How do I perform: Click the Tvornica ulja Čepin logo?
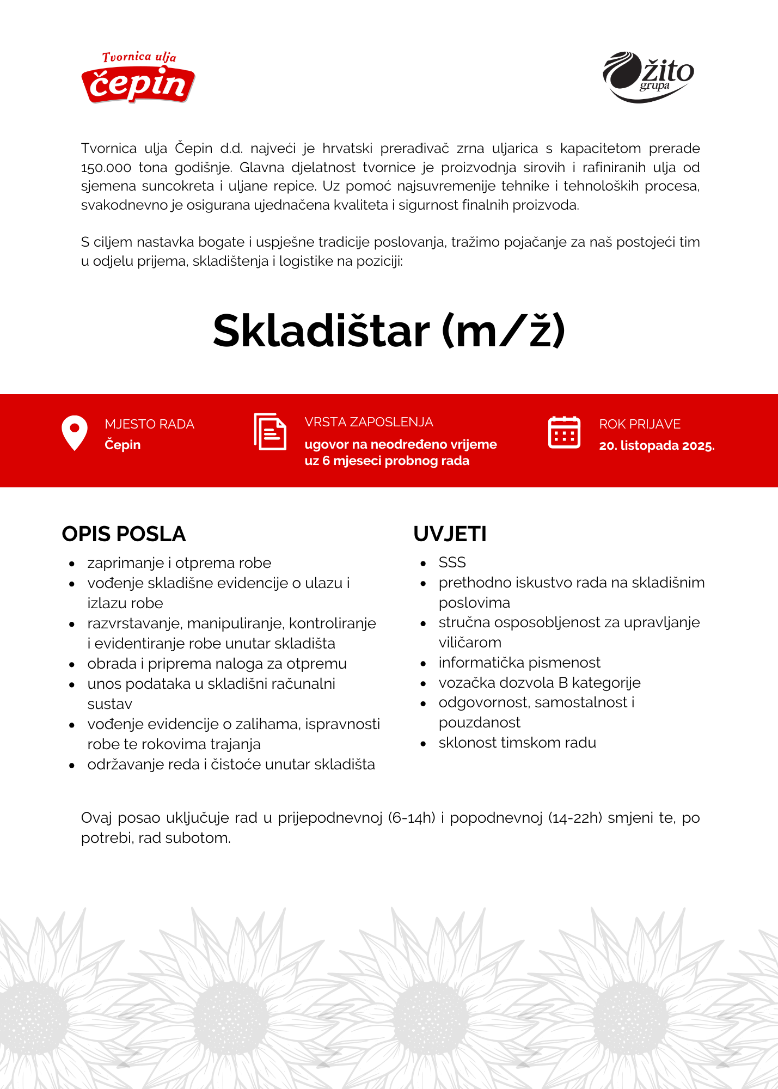click(138, 78)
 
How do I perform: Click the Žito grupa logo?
click(648, 77)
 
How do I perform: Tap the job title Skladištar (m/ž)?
click(389, 331)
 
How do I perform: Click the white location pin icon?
click(75, 433)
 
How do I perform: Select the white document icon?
click(270, 432)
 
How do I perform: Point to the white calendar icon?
click(564, 433)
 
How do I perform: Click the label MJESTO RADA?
click(149, 424)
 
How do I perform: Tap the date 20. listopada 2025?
click(657, 445)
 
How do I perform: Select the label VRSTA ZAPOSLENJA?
click(369, 422)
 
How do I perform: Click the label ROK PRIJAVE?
click(640, 424)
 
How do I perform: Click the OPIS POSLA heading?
click(124, 534)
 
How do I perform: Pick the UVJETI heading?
click(450, 534)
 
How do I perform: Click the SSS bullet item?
click(452, 562)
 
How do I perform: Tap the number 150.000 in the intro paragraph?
click(106, 167)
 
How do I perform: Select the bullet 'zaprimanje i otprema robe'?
click(179, 563)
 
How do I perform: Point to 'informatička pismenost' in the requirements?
click(519, 663)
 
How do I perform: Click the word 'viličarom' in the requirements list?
click(470, 643)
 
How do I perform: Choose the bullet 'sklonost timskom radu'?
click(517, 743)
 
